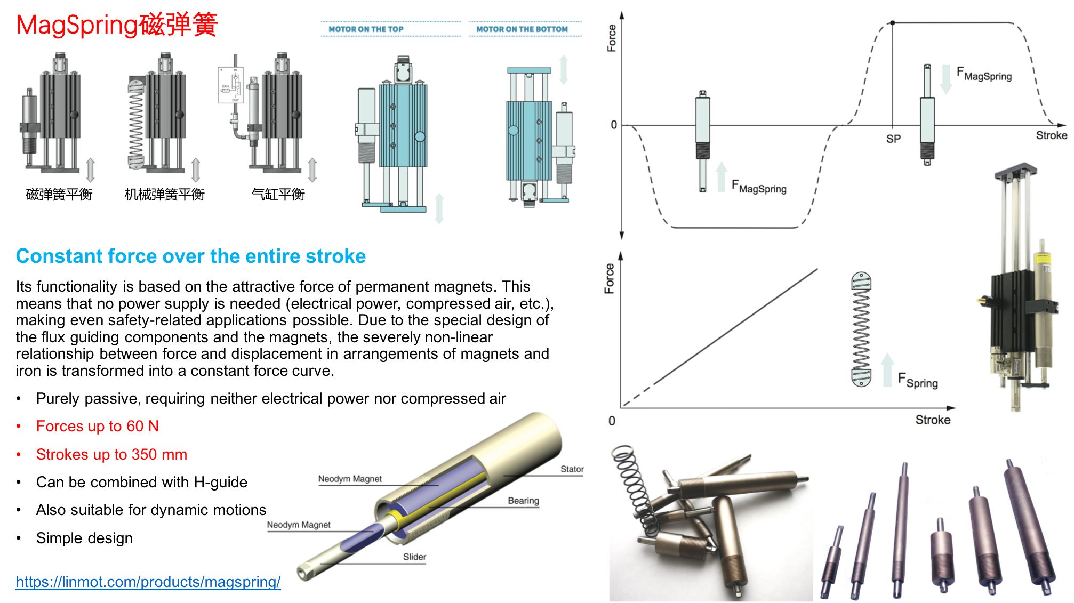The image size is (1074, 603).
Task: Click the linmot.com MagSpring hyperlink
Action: (x=148, y=582)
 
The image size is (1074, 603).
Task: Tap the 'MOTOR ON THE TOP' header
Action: (x=366, y=29)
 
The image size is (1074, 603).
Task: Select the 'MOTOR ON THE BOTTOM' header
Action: (x=522, y=29)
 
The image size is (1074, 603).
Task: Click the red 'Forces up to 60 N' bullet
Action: (x=98, y=426)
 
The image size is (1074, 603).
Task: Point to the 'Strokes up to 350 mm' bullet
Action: (x=111, y=454)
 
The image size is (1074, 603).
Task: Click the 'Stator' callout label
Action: (x=572, y=469)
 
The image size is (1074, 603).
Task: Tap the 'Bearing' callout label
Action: (x=523, y=501)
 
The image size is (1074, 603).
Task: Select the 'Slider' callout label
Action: (x=414, y=557)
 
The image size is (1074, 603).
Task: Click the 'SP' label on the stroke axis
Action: (x=893, y=139)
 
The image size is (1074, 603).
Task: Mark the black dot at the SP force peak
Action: (x=893, y=23)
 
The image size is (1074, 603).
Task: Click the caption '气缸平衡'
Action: (x=278, y=195)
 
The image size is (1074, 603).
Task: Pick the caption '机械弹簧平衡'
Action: (x=164, y=195)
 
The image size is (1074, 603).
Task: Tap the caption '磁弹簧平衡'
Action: (x=59, y=195)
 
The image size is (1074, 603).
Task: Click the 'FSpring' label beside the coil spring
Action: (x=918, y=380)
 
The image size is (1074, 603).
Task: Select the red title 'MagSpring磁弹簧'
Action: (x=117, y=25)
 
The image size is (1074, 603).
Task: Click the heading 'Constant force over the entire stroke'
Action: (x=191, y=256)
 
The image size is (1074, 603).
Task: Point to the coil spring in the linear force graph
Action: (x=861, y=329)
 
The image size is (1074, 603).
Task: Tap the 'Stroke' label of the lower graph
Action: (x=933, y=420)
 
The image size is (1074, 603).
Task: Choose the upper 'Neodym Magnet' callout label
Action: (x=350, y=479)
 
